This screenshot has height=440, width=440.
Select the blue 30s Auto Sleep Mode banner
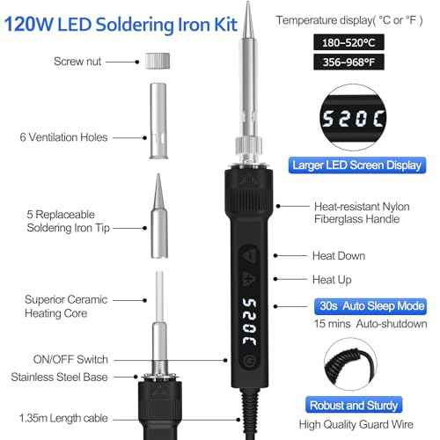(369, 306)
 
